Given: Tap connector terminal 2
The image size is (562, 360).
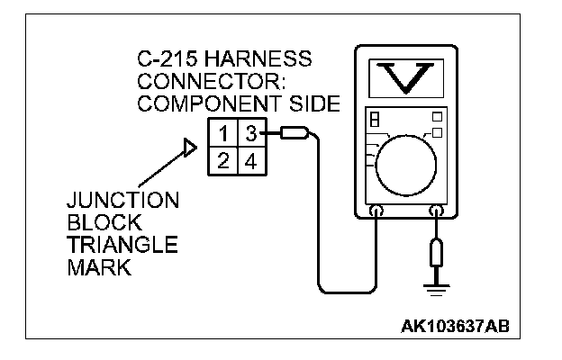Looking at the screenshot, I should coord(222,163).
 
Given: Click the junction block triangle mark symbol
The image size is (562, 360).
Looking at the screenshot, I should coord(189,147).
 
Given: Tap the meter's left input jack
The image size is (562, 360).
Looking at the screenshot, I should coord(376,212).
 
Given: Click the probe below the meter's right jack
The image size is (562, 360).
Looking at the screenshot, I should coord(437,253).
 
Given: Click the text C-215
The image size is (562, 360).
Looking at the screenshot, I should coord(158,60).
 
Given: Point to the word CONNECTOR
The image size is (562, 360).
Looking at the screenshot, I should coord(187,82).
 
